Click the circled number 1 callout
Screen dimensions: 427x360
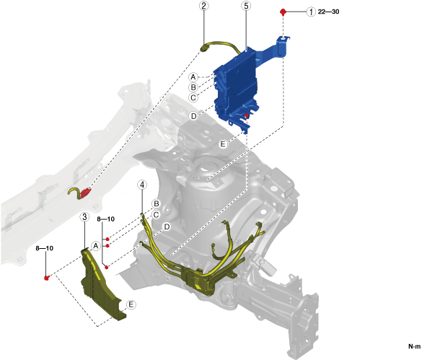click(311, 12)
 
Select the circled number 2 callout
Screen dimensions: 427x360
click(204, 6)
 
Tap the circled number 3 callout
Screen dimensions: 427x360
click(84, 216)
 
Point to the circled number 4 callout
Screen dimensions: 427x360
click(142, 185)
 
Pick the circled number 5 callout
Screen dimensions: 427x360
click(246, 6)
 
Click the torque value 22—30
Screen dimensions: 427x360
click(328, 12)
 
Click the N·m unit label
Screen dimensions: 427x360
click(414, 346)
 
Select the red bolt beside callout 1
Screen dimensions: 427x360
click(283, 12)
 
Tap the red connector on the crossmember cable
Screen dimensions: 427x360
click(85, 192)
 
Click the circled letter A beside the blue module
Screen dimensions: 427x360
click(193, 77)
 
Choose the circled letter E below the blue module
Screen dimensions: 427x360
click(223, 144)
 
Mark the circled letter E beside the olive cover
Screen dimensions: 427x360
click(131, 304)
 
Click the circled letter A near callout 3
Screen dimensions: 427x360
click(96, 246)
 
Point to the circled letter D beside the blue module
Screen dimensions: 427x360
click(193, 116)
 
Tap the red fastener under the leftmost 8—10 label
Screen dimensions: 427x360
click(47, 278)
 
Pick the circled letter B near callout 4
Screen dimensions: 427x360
click(157, 203)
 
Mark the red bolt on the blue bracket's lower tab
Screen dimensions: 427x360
click(247, 115)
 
